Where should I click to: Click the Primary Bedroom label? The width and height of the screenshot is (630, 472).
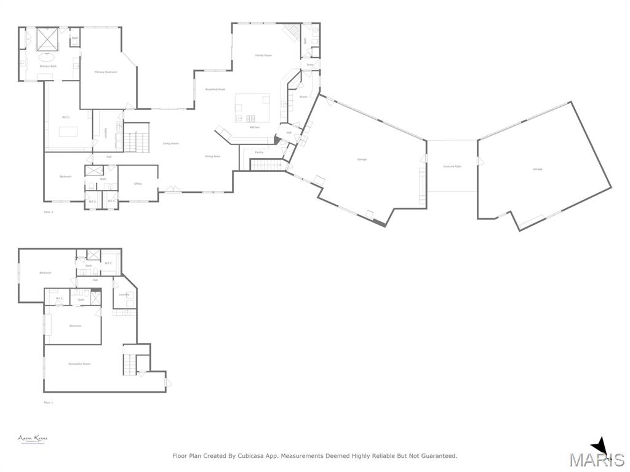106,72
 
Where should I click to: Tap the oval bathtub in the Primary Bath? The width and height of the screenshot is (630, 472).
46,57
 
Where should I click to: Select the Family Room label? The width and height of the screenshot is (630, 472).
263,55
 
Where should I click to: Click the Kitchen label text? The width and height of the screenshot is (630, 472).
255,127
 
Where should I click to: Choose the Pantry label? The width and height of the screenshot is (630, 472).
259,152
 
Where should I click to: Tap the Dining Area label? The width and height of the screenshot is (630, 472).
212,156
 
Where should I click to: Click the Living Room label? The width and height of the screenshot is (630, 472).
170,143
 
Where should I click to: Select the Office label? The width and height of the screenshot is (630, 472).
138,183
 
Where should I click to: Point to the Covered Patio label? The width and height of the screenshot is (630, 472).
452,167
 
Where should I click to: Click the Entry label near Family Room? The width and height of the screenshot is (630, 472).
310,65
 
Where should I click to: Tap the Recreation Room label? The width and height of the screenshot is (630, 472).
79,364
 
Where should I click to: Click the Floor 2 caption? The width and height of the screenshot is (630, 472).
49,212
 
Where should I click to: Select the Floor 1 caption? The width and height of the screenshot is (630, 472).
49,403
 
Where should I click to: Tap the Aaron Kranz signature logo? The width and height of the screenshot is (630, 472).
33,439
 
